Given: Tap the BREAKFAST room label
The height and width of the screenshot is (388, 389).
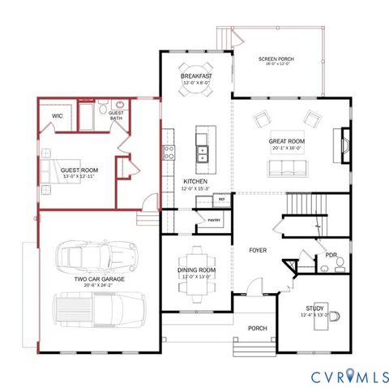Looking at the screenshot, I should (x=196, y=76).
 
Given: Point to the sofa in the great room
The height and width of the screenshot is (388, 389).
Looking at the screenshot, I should (x=286, y=168).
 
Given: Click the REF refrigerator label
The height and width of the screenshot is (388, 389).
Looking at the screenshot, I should (x=220, y=197).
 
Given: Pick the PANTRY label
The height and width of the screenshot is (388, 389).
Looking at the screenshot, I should (x=215, y=219).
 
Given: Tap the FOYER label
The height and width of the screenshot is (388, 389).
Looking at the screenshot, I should (x=258, y=250).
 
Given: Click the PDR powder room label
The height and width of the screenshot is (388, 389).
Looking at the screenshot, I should (x=331, y=254).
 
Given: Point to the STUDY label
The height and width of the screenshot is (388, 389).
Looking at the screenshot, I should (x=315, y=308).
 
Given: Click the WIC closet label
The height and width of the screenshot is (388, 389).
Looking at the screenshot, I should (x=57, y=116).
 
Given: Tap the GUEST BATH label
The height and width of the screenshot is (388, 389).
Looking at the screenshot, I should (x=116, y=115).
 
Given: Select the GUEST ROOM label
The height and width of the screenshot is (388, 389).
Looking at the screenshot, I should (x=79, y=170).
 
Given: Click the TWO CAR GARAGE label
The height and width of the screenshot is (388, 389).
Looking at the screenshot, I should (x=98, y=279).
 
